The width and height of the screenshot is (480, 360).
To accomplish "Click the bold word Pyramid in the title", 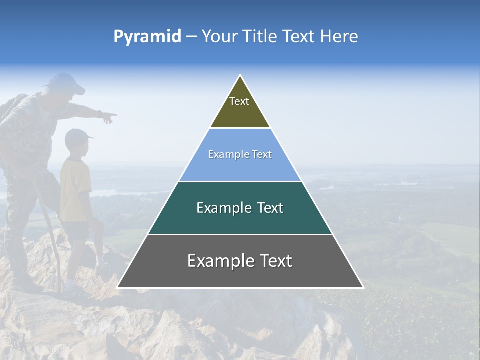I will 147,36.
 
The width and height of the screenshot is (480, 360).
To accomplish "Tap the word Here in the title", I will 339,36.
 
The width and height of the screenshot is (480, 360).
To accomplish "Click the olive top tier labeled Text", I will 240,107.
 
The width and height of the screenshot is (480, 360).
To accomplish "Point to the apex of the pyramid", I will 240,76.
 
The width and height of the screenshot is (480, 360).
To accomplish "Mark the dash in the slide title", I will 191,36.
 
